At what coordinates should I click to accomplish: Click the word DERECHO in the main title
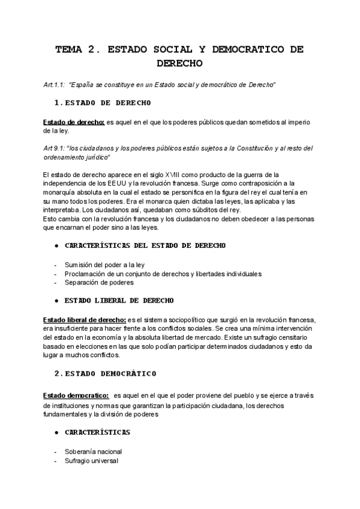tap(179, 62)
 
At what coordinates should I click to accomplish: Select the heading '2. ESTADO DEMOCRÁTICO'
tap(106, 373)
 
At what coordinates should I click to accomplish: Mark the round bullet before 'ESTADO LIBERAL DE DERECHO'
tap(56, 300)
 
